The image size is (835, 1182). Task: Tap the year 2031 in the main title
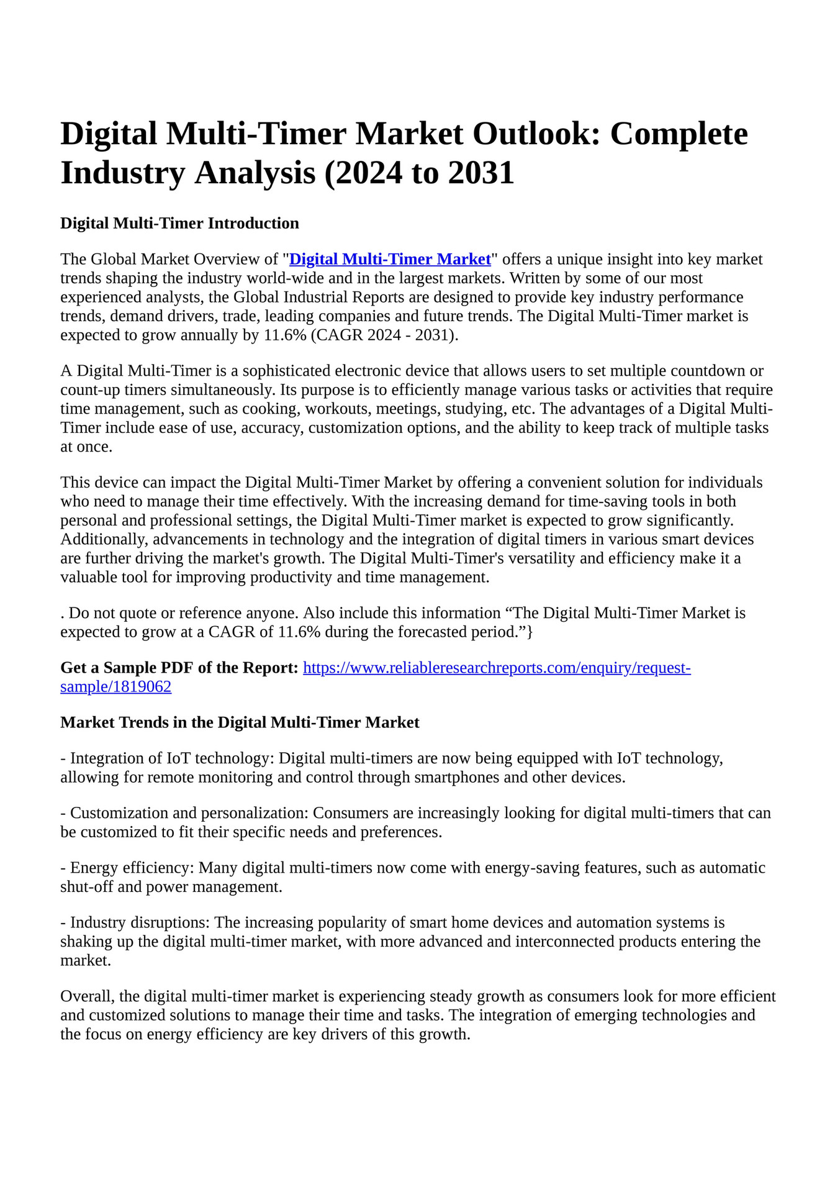[481, 173]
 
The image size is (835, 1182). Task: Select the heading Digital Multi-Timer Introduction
[179, 224]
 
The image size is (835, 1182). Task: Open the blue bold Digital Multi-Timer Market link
[390, 260]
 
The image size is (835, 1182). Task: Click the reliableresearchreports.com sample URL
[496, 668]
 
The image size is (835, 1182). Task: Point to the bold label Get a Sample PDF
[179, 668]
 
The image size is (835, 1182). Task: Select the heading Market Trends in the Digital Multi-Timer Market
[240, 723]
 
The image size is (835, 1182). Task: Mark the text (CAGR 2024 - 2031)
[384, 335]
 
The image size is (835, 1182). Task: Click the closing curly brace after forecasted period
[530, 632]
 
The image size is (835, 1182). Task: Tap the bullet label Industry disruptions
[139, 923]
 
